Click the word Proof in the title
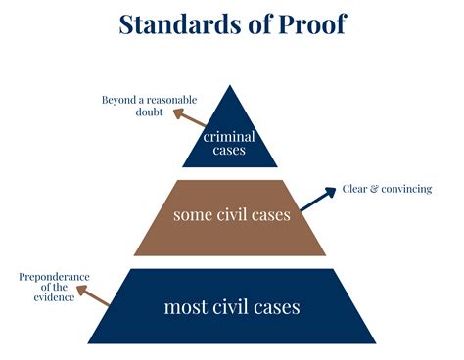(311, 23)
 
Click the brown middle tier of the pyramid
(231, 216)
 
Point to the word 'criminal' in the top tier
(229, 137)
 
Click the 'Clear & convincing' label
(387, 189)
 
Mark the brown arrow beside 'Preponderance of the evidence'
(94, 295)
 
